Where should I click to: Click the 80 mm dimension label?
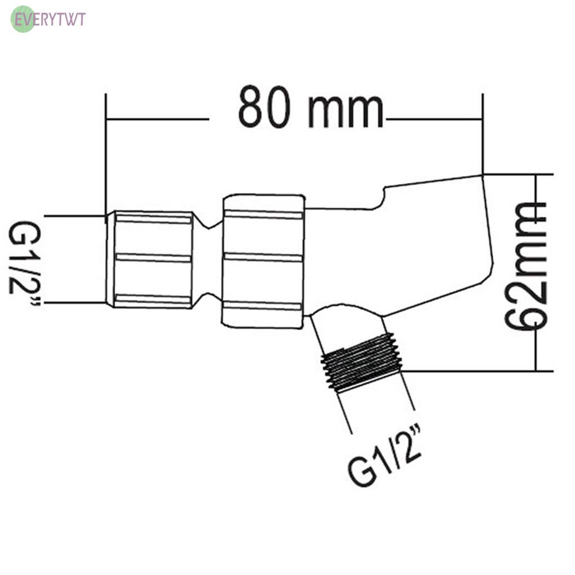click(x=311, y=107)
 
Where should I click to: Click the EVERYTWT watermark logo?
click(x=48, y=19)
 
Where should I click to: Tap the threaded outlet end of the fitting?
click(x=361, y=362)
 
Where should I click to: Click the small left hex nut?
click(x=150, y=259)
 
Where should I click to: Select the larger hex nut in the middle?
click(x=263, y=261)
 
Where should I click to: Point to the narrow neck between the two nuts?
click(x=208, y=260)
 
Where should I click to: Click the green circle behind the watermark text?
click(x=23, y=19)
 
